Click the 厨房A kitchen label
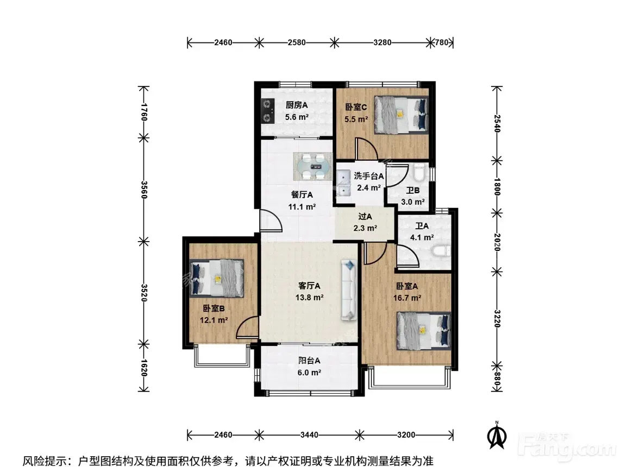coord(297,105)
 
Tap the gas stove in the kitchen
coord(268,111)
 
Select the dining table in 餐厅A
coord(313,167)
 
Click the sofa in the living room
coord(349,289)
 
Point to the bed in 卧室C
coord(402,113)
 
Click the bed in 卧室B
coord(216,278)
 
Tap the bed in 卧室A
coord(424,331)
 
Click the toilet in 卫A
coord(440,251)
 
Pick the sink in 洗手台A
coord(343,183)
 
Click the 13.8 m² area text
coord(309,298)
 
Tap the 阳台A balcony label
coord(309,361)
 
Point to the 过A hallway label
coord(365,217)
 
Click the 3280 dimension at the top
coord(382,42)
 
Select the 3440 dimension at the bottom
coord(309,435)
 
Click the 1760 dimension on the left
coord(144,112)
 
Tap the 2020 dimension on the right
coord(498,242)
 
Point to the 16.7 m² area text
coord(407,298)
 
